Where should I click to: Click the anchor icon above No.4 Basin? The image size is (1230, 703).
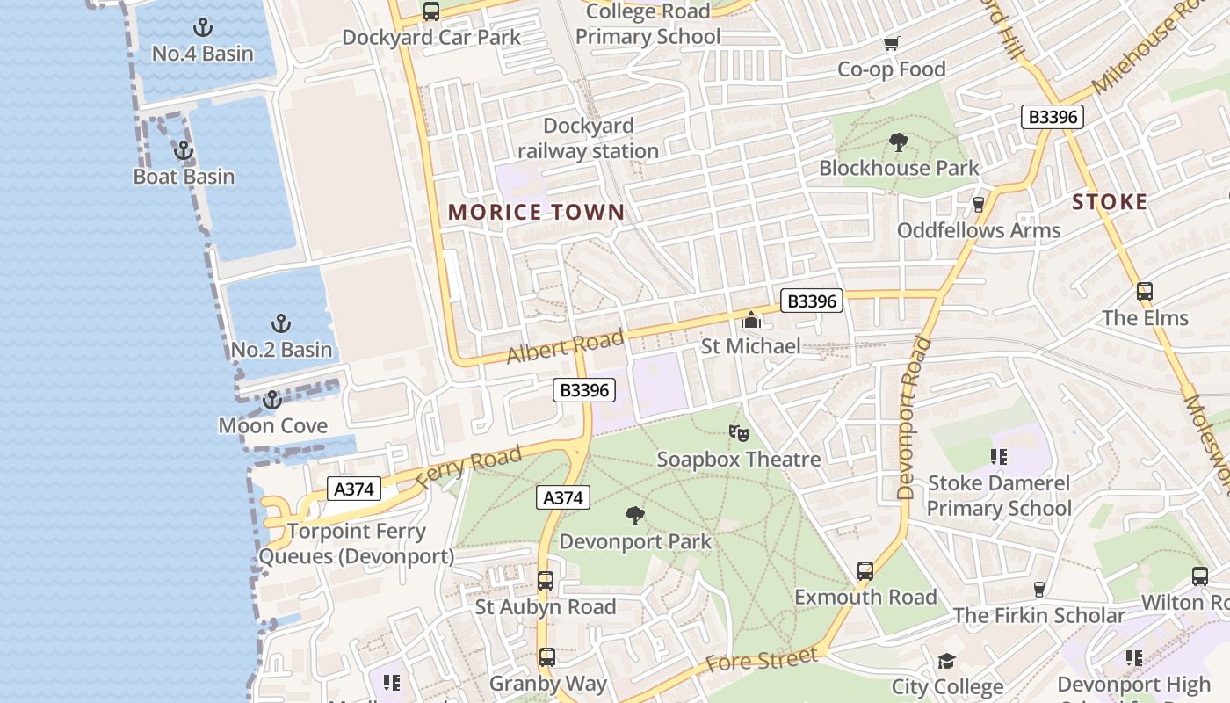point(203,27)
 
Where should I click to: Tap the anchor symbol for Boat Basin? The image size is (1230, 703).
point(183,150)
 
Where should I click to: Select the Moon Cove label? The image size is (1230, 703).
point(272,426)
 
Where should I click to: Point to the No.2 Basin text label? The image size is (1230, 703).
point(281,350)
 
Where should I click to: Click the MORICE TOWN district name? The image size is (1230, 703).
point(536,212)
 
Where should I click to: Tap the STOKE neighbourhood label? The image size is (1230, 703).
point(1110,202)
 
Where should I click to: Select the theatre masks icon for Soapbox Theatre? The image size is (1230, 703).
point(739,432)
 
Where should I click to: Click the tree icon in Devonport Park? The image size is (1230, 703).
point(634,516)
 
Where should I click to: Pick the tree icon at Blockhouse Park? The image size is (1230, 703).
point(898,141)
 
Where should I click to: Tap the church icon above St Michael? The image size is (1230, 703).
point(751,320)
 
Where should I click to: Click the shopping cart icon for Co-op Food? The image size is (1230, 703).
point(892,43)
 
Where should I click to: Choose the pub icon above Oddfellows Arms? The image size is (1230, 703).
point(979,205)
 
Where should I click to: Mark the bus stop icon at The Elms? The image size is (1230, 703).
point(1145,292)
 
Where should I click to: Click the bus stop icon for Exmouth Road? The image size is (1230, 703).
point(865,571)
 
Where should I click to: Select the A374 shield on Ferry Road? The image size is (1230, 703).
point(354,489)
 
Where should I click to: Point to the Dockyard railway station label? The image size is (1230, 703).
point(588,139)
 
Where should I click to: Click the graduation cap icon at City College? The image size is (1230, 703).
point(946,661)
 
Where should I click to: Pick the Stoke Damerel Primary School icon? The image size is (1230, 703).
point(999,457)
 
